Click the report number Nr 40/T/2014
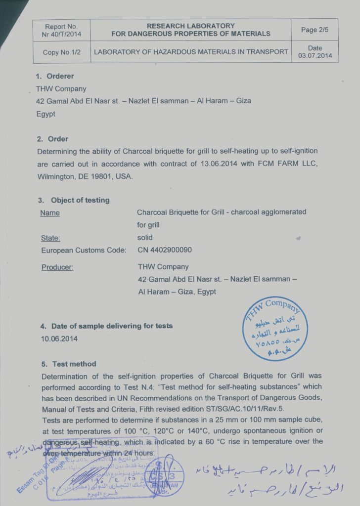tap(61, 34)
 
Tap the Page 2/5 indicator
tap(315, 30)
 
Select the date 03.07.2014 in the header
tap(315, 56)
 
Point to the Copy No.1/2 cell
tap(61, 52)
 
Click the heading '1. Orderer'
tap(55, 77)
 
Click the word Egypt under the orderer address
tap(46, 113)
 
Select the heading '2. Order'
tap(52, 139)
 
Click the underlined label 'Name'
tap(49, 213)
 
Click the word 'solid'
tap(145, 238)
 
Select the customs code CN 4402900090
tap(165, 250)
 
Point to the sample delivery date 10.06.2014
tap(59, 339)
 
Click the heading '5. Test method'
tap(69, 364)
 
